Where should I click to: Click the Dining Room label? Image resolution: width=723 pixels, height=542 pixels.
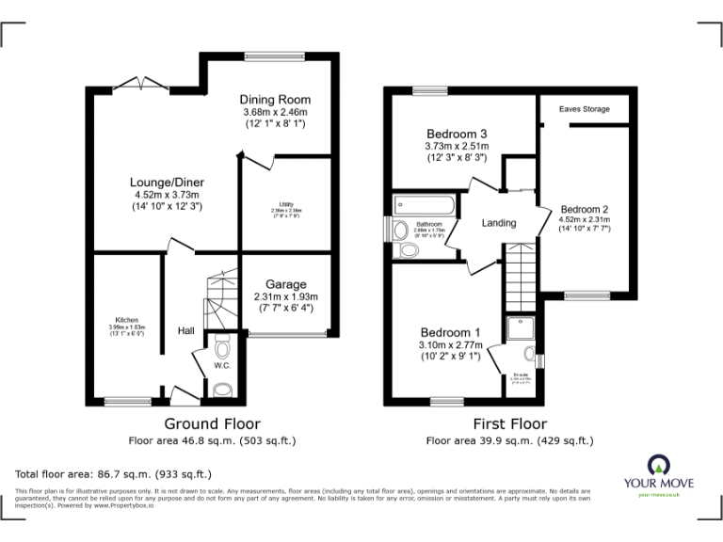coord(275,100)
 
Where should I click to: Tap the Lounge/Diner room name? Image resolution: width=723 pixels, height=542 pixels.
coord(168,183)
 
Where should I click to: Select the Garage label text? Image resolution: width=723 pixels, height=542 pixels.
coord(286,284)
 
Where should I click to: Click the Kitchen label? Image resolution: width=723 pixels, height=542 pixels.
coord(126,320)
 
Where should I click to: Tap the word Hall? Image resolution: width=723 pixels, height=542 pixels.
coord(185,330)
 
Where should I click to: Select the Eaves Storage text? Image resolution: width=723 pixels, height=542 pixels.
coord(584,109)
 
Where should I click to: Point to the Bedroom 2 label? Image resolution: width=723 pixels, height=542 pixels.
coord(585,209)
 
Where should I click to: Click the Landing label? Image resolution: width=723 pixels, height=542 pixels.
coord(499,223)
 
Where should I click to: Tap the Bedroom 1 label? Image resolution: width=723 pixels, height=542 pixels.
coord(450,333)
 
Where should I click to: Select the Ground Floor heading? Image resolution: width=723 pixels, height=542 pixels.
coord(213,424)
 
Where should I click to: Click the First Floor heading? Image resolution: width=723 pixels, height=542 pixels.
coord(509,424)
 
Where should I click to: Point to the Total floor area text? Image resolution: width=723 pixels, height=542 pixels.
coord(114,474)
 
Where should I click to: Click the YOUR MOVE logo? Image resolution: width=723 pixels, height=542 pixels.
coord(657,470)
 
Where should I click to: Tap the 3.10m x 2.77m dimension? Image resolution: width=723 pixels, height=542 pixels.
coord(450,346)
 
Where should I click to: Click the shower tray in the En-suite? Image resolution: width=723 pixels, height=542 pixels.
coord(519,327)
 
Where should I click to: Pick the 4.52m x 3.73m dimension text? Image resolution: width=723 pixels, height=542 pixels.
coord(168,195)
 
